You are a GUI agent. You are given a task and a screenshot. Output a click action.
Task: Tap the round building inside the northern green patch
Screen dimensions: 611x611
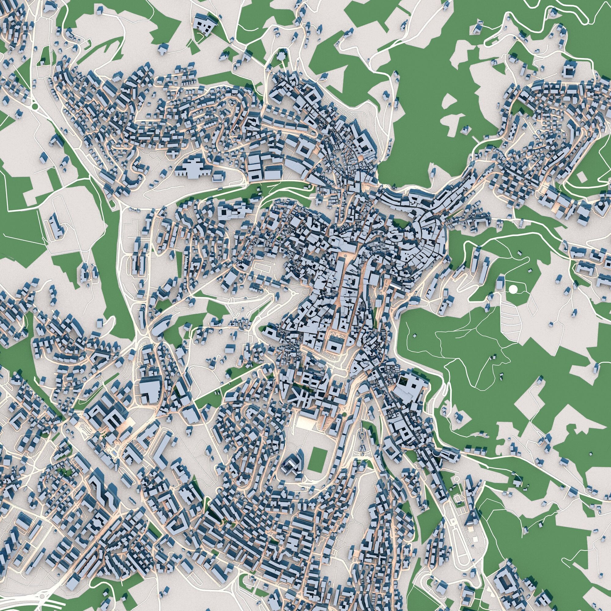point(280,57)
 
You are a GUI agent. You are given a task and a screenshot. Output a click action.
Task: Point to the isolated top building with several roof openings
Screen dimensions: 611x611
point(204,24)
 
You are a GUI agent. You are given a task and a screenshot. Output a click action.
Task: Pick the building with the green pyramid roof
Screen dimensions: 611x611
point(403,382)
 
